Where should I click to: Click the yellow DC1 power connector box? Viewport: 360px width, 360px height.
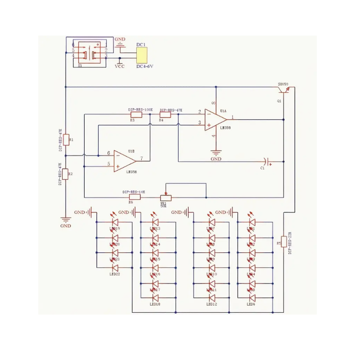141,56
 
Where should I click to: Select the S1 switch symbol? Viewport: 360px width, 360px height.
90,53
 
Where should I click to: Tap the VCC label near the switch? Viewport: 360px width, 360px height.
120,66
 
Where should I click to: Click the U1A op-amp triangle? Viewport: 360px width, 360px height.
216,120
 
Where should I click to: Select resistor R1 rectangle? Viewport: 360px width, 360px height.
66,139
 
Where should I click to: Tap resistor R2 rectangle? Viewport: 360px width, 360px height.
66,173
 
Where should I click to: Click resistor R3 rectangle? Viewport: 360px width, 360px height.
135,114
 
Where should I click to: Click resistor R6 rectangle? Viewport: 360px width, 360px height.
135,197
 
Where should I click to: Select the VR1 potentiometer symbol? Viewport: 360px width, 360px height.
166,197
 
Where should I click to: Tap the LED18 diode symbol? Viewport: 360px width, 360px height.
155,298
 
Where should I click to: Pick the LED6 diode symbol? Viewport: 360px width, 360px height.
252,298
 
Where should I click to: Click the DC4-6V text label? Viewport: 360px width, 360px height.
145,67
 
